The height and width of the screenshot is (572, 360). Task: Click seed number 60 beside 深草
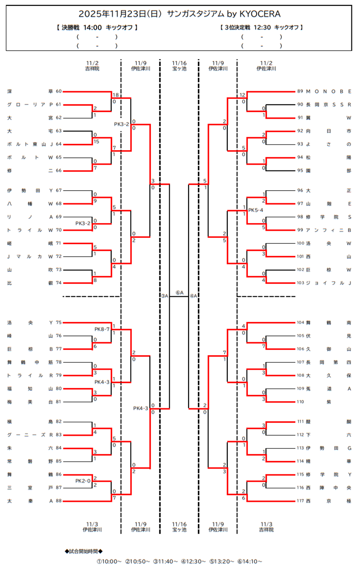pyautogui.click(x=58, y=91)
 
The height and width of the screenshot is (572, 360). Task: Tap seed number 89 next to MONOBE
pyautogui.click(x=300, y=91)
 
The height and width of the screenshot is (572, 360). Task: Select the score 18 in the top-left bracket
pyautogui.click(x=115, y=95)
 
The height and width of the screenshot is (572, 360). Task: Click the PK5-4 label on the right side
pyautogui.click(x=256, y=210)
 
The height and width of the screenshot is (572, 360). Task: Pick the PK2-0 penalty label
pyautogui.click(x=83, y=481)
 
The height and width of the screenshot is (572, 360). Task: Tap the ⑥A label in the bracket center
pyautogui.click(x=179, y=293)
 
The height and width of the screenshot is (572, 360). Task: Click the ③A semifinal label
pyautogui.click(x=164, y=296)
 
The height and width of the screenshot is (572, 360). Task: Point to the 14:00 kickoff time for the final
pyautogui.click(x=93, y=27)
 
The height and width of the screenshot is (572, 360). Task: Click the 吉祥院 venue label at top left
pyautogui.click(x=92, y=69)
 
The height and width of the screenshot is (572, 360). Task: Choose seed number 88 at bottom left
pyautogui.click(x=58, y=501)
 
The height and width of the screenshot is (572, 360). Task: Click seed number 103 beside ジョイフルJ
pyautogui.click(x=300, y=283)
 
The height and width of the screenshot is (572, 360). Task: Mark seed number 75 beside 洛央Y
pyautogui.click(x=58, y=322)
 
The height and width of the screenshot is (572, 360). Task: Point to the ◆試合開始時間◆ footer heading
pyautogui.click(x=84, y=551)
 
